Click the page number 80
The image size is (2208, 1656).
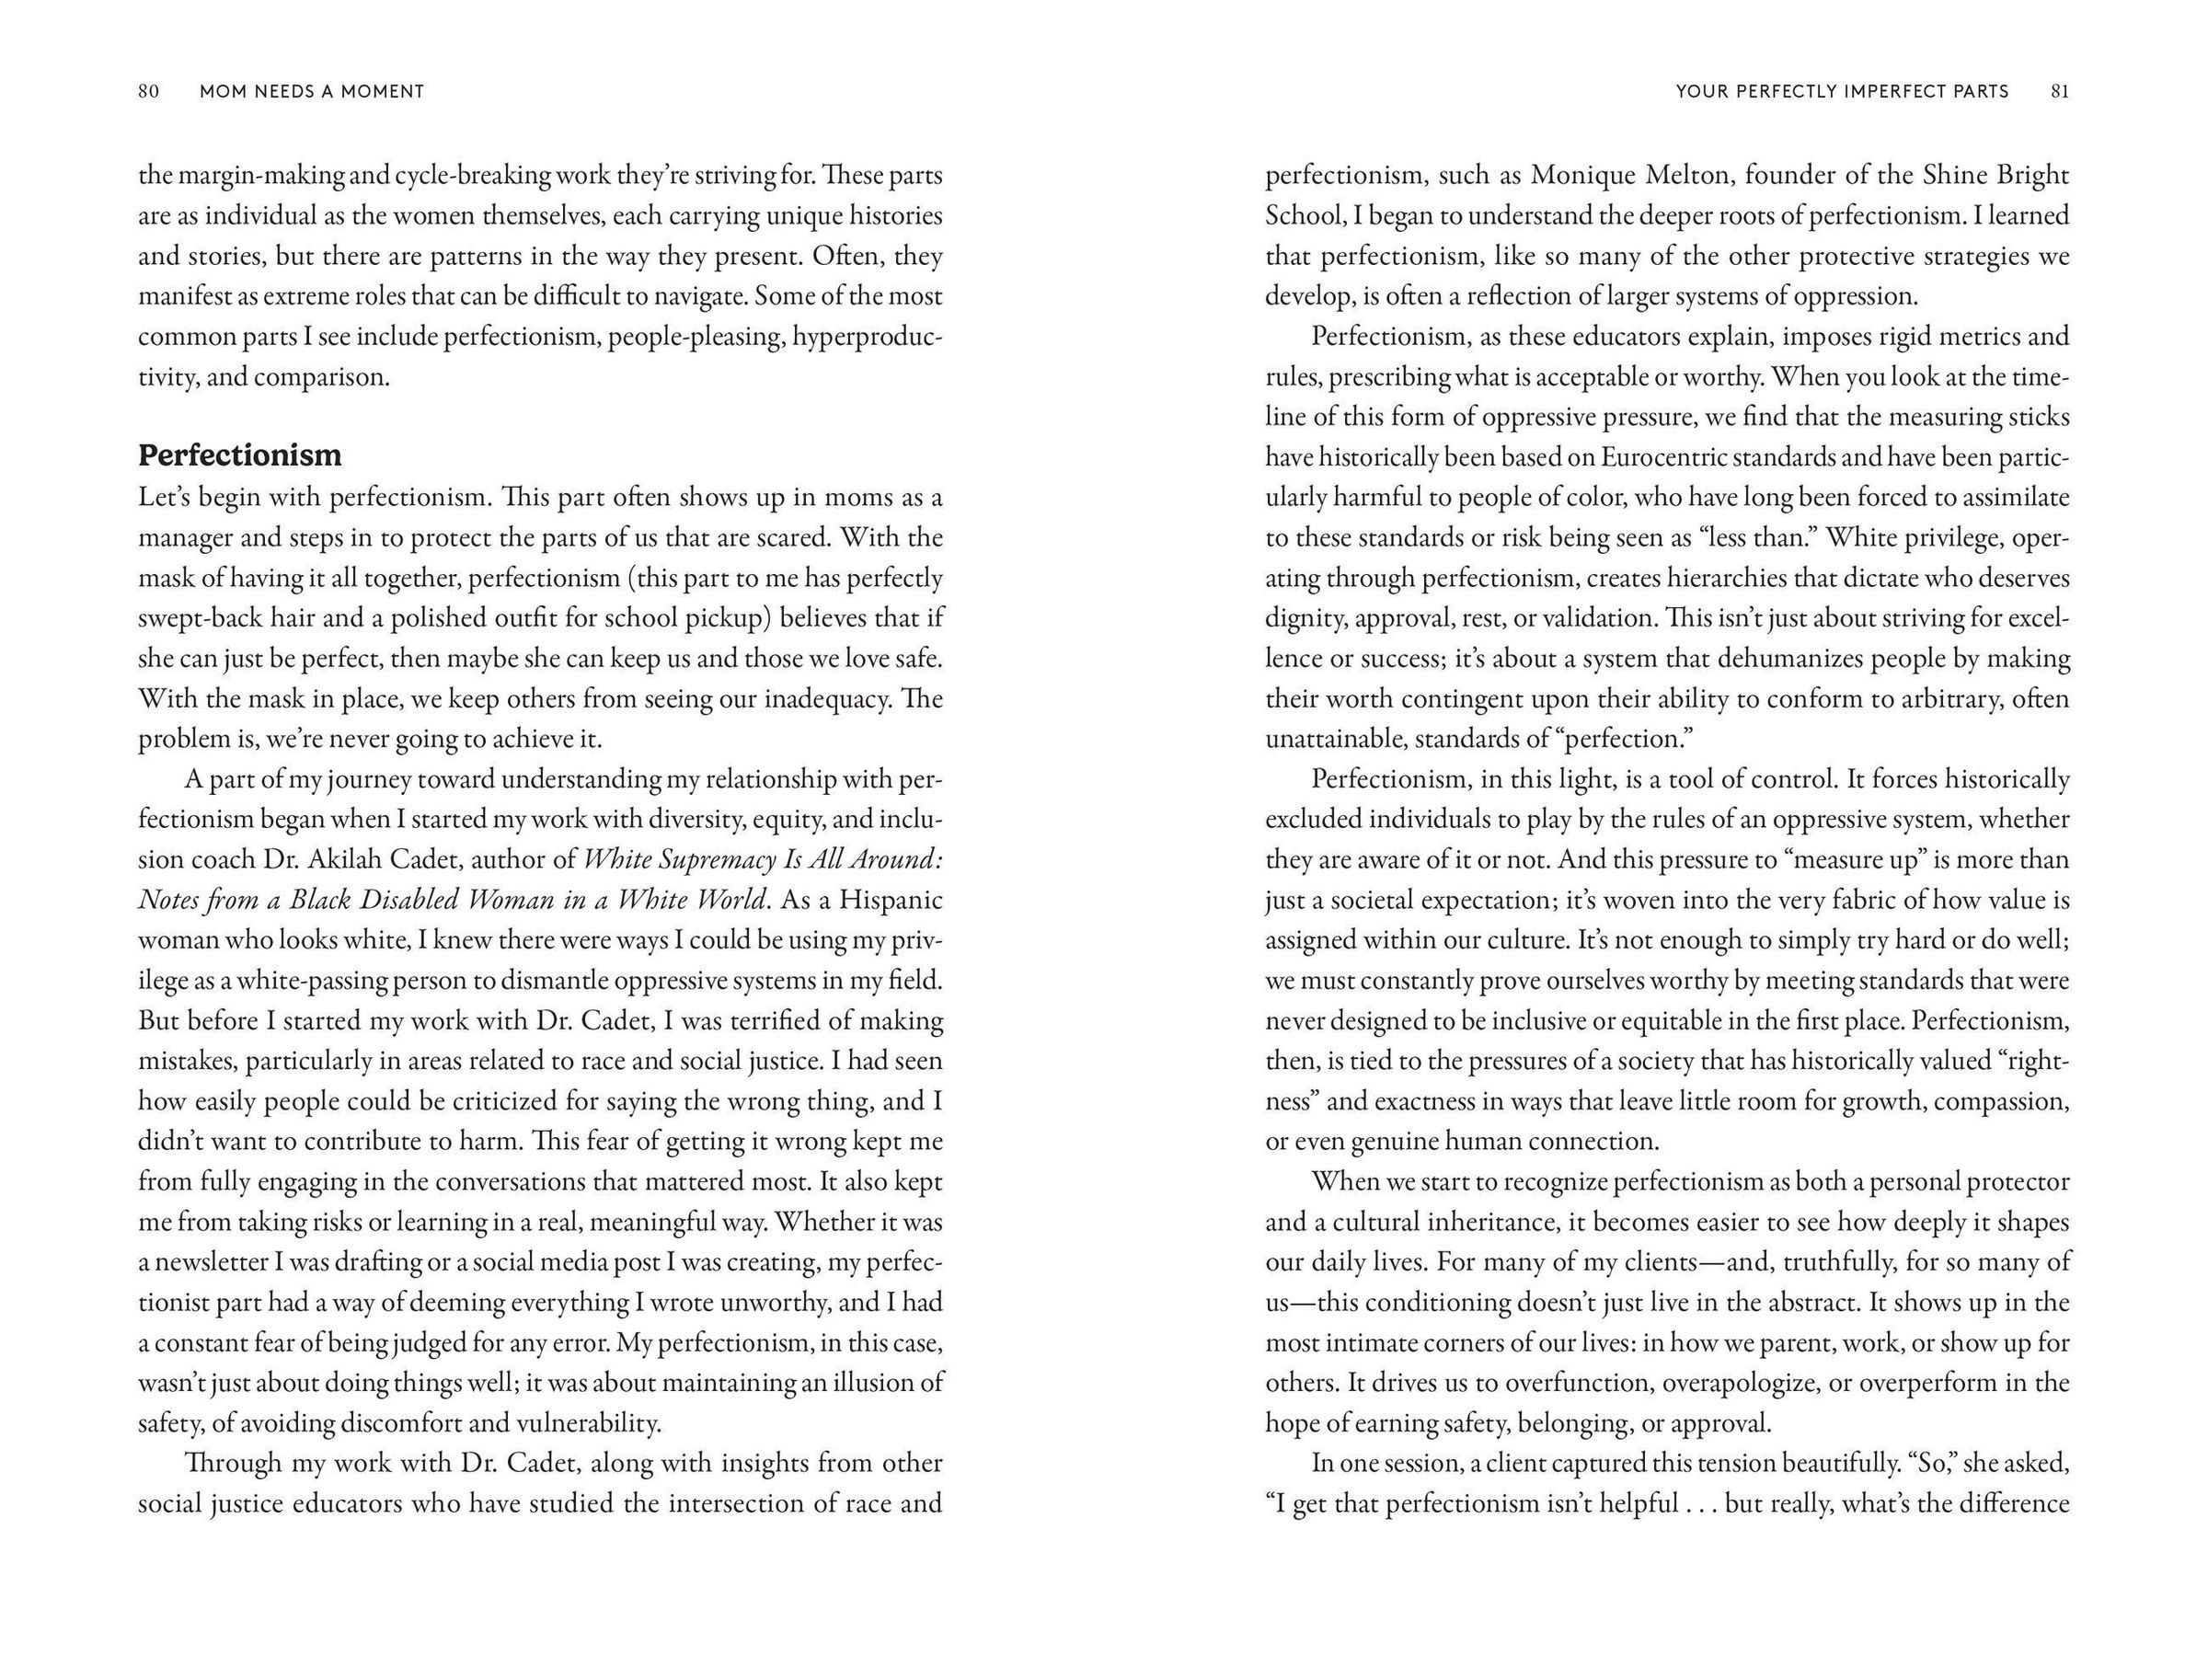tap(149, 92)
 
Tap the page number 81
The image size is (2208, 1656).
tap(2059, 92)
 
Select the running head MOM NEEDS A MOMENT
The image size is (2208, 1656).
tap(312, 92)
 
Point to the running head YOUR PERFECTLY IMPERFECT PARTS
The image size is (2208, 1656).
tap(1842, 92)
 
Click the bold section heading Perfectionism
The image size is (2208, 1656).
tap(239, 455)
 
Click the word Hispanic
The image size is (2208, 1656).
tap(891, 900)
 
